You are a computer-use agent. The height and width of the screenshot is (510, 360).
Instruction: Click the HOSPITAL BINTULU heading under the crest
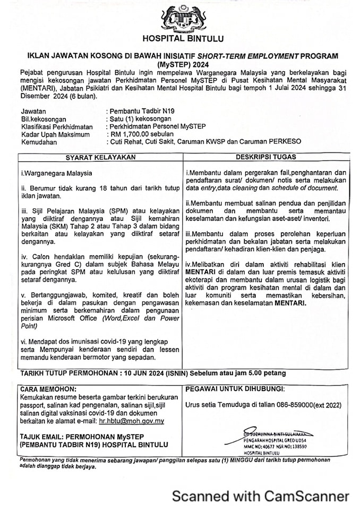pos(183,38)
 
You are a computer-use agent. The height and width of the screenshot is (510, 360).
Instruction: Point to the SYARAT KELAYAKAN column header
pos(101,157)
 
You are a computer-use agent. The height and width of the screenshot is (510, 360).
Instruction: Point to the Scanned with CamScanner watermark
pos(260,496)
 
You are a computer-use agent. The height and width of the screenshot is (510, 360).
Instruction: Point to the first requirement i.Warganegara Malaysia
pos(56,173)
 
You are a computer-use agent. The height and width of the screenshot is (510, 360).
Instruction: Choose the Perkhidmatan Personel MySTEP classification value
pos(157,126)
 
